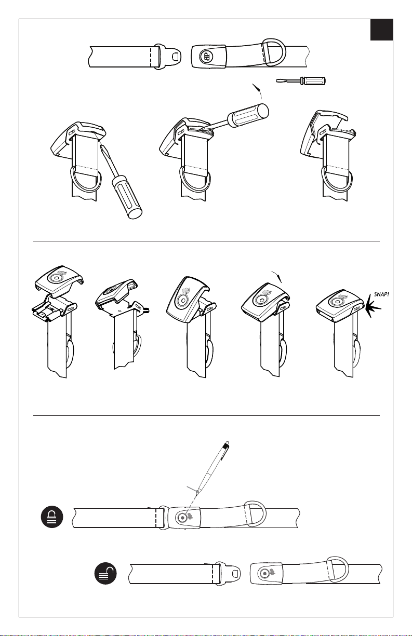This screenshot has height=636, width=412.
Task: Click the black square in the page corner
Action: (381, 30)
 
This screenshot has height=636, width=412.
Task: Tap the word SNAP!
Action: (381, 294)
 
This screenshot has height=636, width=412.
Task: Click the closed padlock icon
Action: (52, 517)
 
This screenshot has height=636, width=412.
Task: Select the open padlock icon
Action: (105, 573)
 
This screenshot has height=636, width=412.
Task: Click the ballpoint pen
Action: (213, 468)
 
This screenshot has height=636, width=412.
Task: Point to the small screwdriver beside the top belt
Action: (301, 80)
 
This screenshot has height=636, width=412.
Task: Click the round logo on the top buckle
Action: (206, 57)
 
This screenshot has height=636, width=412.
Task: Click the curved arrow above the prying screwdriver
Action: (257, 91)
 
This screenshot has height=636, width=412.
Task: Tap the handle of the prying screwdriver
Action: (248, 115)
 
